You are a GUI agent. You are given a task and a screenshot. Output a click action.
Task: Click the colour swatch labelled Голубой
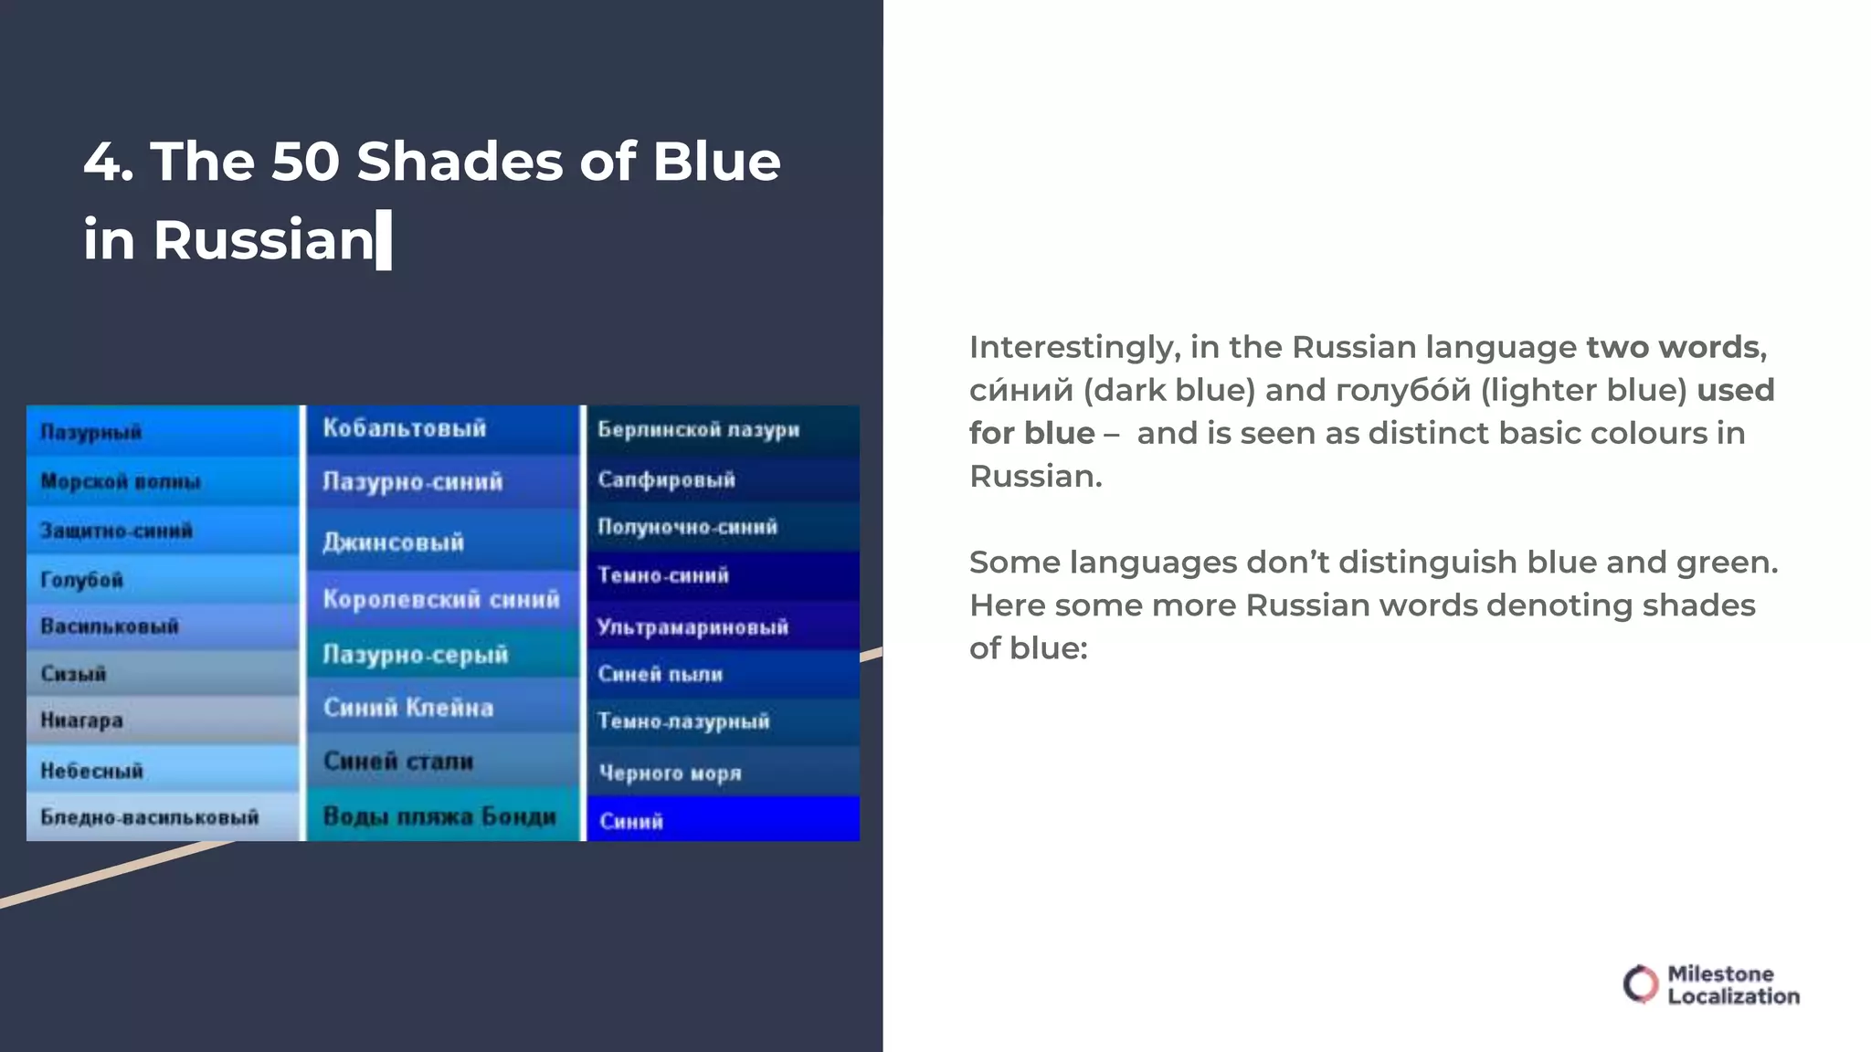[x=163, y=579]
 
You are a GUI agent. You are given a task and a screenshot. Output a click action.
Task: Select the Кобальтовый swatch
[x=442, y=429]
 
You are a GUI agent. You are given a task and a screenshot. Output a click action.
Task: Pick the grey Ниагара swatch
[x=163, y=721]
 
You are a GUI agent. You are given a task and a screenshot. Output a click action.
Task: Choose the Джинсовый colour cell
[x=442, y=541]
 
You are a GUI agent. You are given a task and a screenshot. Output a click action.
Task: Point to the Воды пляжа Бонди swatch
[x=442, y=815]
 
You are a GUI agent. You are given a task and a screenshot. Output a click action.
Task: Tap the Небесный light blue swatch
[x=163, y=770]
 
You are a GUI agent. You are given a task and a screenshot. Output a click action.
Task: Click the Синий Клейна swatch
[x=442, y=707]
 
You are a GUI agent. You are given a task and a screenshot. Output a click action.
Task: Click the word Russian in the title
[x=264, y=240]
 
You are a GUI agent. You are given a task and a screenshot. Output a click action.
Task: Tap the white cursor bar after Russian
[x=384, y=240]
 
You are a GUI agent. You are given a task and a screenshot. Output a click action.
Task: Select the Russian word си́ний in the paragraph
[x=1020, y=390]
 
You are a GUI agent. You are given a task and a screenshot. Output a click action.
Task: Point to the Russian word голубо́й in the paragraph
[x=1402, y=390]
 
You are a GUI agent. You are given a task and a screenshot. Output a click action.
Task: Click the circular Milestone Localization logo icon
[x=1640, y=984]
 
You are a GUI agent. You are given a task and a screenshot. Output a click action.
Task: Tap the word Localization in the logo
[x=1733, y=996]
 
